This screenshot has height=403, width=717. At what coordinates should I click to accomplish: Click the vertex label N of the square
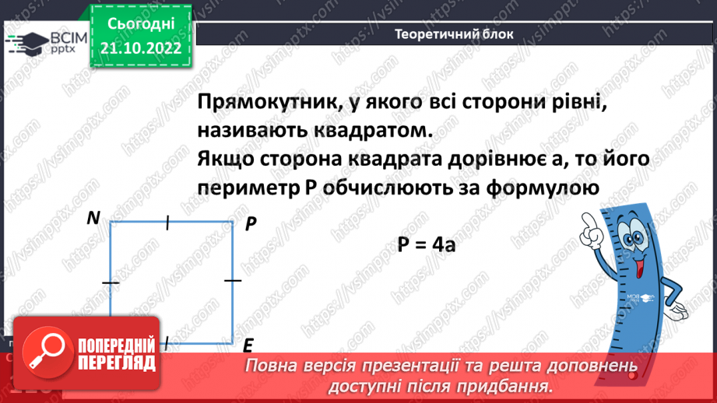pos(93,219)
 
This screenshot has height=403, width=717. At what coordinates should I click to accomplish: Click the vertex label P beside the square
pos(251,224)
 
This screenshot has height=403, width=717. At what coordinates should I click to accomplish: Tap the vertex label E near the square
pos(248,345)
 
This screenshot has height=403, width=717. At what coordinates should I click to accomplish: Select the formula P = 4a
pos(426,244)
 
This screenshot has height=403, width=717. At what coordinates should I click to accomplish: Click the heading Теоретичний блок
pos(443,34)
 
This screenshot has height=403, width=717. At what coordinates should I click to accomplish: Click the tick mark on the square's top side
pos(167,223)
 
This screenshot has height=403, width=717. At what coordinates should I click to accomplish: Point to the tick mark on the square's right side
pos(233,279)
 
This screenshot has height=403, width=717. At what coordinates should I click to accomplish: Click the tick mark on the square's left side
pos(111,283)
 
